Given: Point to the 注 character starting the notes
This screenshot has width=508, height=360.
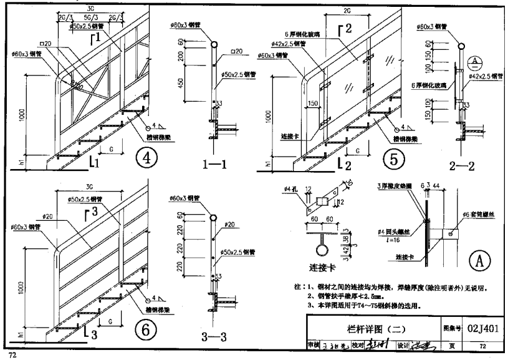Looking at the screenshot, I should coord(297,288).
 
